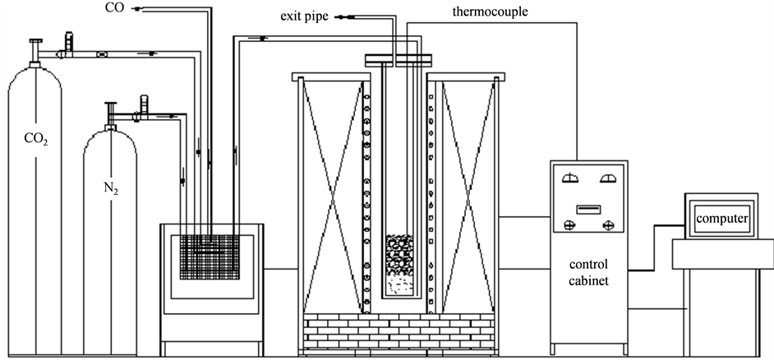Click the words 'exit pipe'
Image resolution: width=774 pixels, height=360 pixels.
tap(310, 16)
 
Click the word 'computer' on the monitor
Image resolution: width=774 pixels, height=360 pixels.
tap(721, 219)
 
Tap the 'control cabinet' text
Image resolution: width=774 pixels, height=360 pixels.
tap(588, 274)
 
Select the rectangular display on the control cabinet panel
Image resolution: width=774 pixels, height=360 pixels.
tap(590, 209)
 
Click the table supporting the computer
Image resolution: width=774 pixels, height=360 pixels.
tap(721, 255)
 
